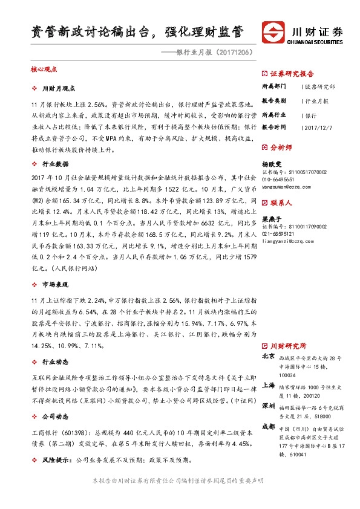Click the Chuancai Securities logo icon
[272, 33]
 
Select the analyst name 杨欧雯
[272, 163]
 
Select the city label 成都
[269, 426]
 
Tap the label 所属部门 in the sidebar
[274, 87]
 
